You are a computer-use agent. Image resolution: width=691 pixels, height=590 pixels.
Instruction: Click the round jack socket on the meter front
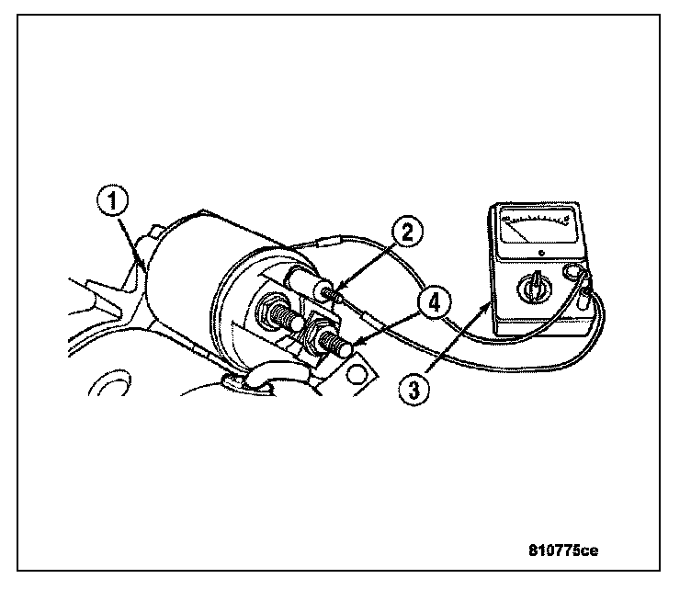coord(574,273)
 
